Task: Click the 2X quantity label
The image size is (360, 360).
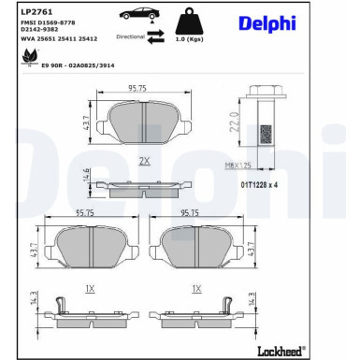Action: [x=144, y=161]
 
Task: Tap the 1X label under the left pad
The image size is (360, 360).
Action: [x=90, y=288]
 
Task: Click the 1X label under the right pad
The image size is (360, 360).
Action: [x=196, y=288]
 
